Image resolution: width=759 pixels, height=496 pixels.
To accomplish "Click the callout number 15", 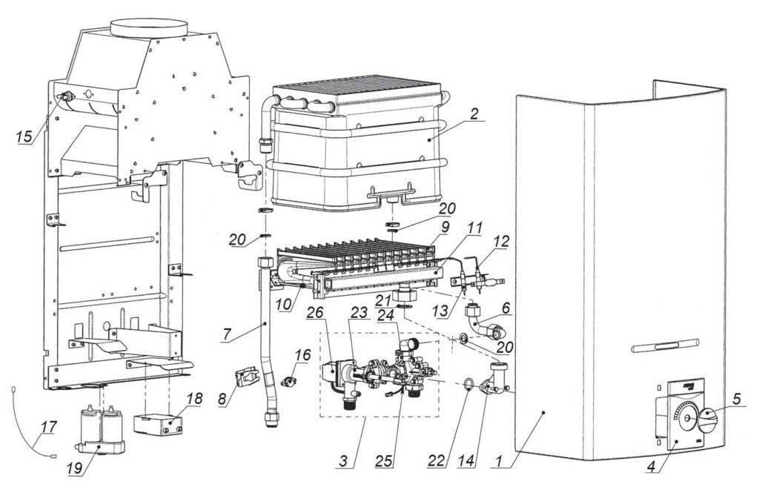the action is [24, 136].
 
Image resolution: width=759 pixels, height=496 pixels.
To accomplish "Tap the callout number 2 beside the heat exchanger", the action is [474, 113].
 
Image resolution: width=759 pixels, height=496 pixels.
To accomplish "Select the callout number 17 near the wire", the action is [49, 427].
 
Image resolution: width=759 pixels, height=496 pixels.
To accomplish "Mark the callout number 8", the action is [222, 400].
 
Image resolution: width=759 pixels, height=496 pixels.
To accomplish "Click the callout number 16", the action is [302, 355].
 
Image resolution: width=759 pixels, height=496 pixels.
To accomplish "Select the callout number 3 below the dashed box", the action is [343, 461].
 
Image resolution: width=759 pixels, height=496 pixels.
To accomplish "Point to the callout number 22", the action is [436, 461].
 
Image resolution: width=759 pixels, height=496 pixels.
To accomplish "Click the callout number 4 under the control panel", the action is [652, 467].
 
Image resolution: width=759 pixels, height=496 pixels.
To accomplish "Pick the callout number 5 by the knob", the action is [736, 399].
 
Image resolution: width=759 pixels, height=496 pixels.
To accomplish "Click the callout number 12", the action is [502, 241].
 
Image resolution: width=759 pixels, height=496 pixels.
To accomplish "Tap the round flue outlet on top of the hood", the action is [148, 27].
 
